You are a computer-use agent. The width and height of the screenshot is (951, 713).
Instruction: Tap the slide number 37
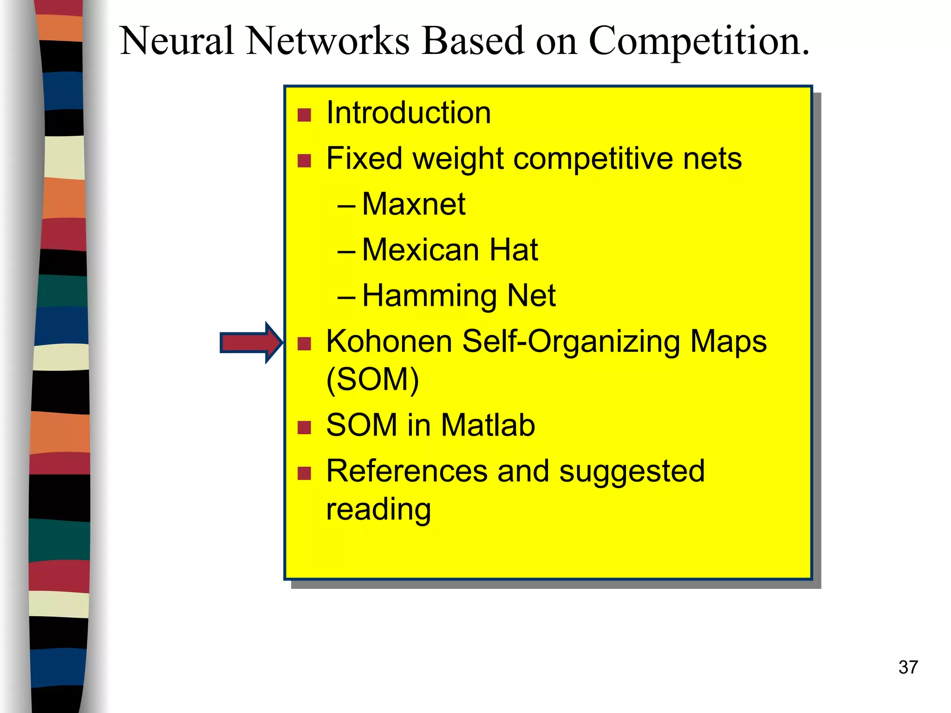coord(908,667)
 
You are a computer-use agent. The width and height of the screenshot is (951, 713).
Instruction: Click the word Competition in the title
coord(699,42)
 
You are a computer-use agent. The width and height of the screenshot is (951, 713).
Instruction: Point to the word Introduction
coord(408,113)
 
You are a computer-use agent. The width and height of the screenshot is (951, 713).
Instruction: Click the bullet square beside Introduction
coord(304,115)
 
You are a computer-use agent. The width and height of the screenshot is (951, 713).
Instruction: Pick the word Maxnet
coord(413,204)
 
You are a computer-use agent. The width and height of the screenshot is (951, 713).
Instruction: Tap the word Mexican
coord(420,250)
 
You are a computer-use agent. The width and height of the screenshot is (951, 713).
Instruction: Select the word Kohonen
coord(389,342)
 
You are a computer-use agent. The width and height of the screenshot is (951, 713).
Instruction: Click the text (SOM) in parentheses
coord(372,380)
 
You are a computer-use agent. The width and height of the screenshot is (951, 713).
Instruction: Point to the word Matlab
coord(488,425)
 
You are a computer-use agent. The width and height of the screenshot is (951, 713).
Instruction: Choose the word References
coord(407,471)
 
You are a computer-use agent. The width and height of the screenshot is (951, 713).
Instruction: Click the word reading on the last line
coord(378,510)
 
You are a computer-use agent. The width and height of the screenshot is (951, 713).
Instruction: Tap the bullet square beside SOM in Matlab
coord(304,427)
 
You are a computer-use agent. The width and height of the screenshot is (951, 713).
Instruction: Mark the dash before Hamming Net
coord(346,297)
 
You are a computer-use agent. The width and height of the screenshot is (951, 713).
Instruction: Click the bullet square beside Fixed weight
coord(304,161)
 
